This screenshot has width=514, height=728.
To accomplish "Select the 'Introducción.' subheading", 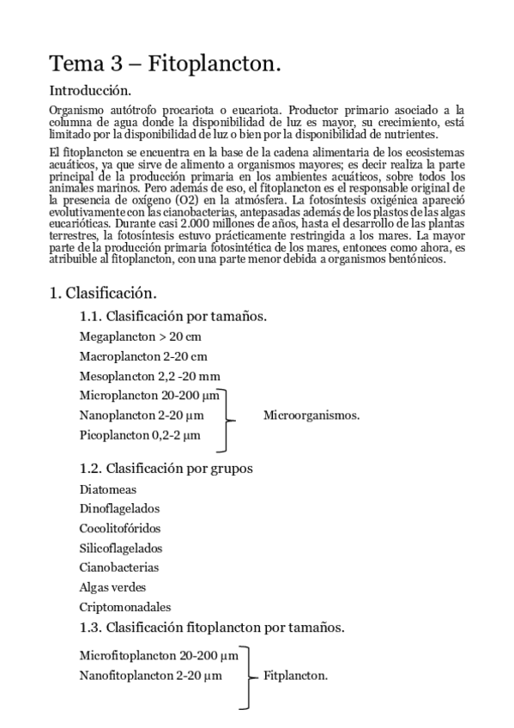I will pyautogui.click(x=90, y=89).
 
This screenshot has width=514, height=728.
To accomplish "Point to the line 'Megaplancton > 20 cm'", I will pyautogui.click(x=140, y=337).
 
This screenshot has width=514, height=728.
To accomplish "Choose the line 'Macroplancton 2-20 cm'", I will pyautogui.click(x=143, y=355).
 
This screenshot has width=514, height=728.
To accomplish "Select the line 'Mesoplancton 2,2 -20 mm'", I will pyautogui.click(x=149, y=375).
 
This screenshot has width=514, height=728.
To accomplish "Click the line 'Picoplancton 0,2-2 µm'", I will pyautogui.click(x=139, y=435).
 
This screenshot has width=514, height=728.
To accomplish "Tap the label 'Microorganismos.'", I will pyautogui.click(x=311, y=416).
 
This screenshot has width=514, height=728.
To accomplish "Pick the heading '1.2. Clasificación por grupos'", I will pyautogui.click(x=166, y=468).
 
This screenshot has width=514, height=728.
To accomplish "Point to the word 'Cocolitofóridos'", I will pyautogui.click(x=119, y=528).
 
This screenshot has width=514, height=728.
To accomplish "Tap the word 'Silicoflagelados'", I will pyautogui.click(x=121, y=548).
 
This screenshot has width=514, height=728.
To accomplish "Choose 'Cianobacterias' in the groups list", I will pyautogui.click(x=118, y=567).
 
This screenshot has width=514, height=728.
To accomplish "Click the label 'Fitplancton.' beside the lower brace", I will pyautogui.click(x=295, y=676).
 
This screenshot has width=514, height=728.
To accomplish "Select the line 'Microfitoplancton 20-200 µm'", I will pyautogui.click(x=158, y=656).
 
